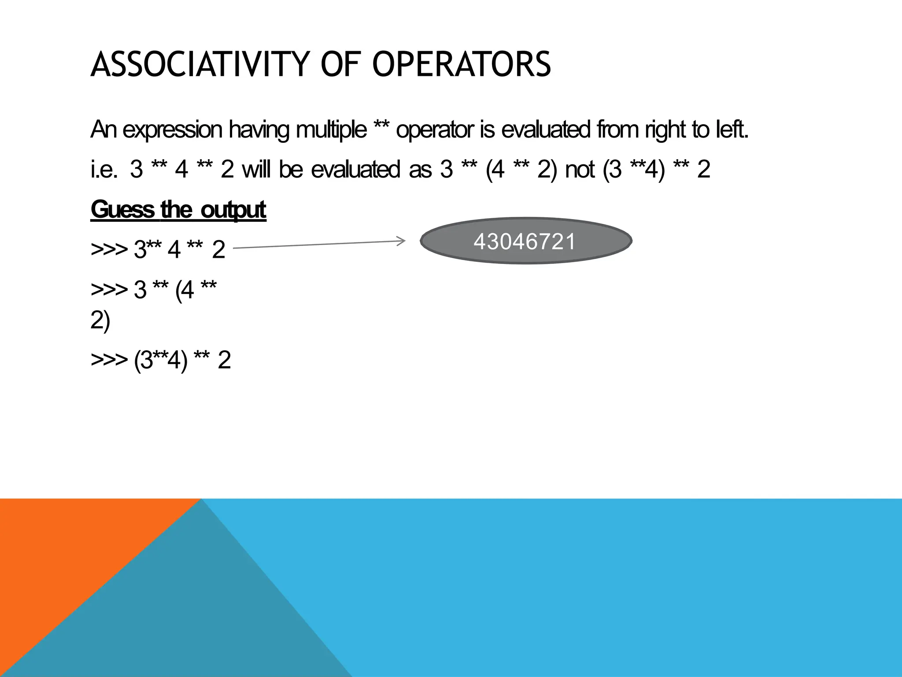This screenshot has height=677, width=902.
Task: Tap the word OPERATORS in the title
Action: [462, 64]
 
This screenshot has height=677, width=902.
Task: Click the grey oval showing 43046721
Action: [526, 241]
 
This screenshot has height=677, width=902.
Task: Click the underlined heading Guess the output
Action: [178, 210]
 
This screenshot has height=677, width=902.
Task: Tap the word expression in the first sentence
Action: [172, 130]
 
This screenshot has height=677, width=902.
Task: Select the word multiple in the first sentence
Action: [331, 130]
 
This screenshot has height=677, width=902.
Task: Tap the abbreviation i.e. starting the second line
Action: [104, 170]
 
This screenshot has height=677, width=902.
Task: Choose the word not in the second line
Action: [580, 170]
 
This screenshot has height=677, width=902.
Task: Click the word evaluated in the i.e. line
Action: [355, 170]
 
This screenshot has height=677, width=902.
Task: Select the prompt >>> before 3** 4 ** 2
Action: [109, 250]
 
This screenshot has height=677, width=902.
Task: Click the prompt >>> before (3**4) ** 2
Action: [109, 360]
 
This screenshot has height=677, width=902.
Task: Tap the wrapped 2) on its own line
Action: [100, 321]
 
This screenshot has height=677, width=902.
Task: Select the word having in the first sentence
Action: [259, 130]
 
